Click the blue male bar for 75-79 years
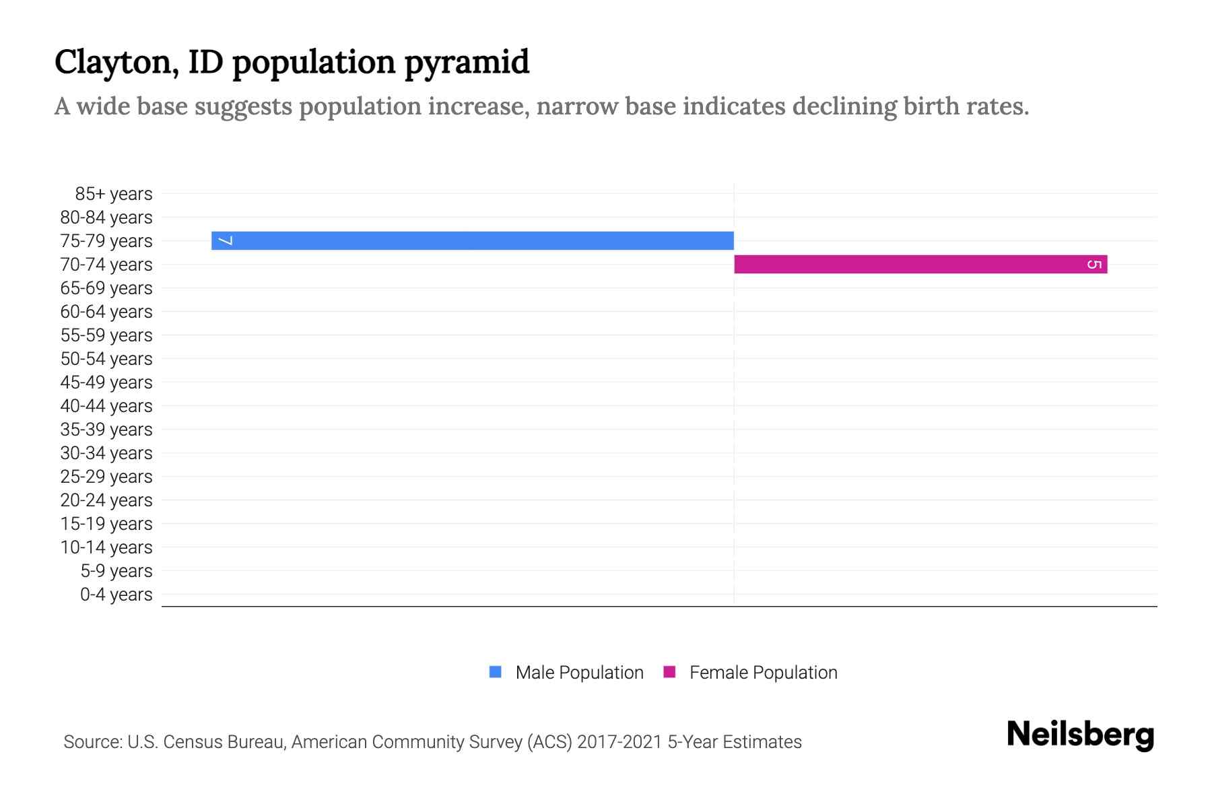pos(471,240)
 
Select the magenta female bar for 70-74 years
pos(920,264)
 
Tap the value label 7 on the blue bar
pos(226,240)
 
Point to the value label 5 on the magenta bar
pos(1094,264)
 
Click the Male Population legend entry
pos(579,673)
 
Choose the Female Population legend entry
pos(763,673)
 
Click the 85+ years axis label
pos(114,194)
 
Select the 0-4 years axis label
pos(116,595)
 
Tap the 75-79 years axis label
pos(106,241)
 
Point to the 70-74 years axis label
pos(106,265)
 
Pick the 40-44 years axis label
pos(106,406)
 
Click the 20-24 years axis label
pos(106,500)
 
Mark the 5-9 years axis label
pos(116,571)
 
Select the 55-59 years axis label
pos(106,335)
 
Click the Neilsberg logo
pos(1080,735)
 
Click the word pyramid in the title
pos(466,63)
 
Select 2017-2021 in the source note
pos(619,742)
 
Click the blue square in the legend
pos(496,672)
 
